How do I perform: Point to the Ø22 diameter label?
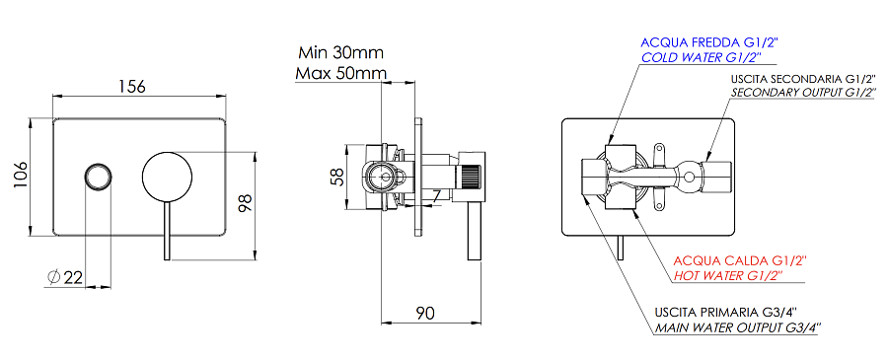coord(64,277)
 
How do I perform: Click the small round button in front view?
coord(97,177)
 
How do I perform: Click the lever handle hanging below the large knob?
coord(166,231)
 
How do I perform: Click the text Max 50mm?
coord(339,74)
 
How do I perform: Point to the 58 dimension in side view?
coord(337,177)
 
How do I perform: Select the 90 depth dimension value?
coord(424,313)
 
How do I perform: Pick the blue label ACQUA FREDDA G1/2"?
coord(710,42)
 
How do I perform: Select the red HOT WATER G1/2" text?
coord(727,276)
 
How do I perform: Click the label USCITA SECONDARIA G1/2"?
coord(803,77)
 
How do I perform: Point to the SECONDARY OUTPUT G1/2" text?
coord(803,92)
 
